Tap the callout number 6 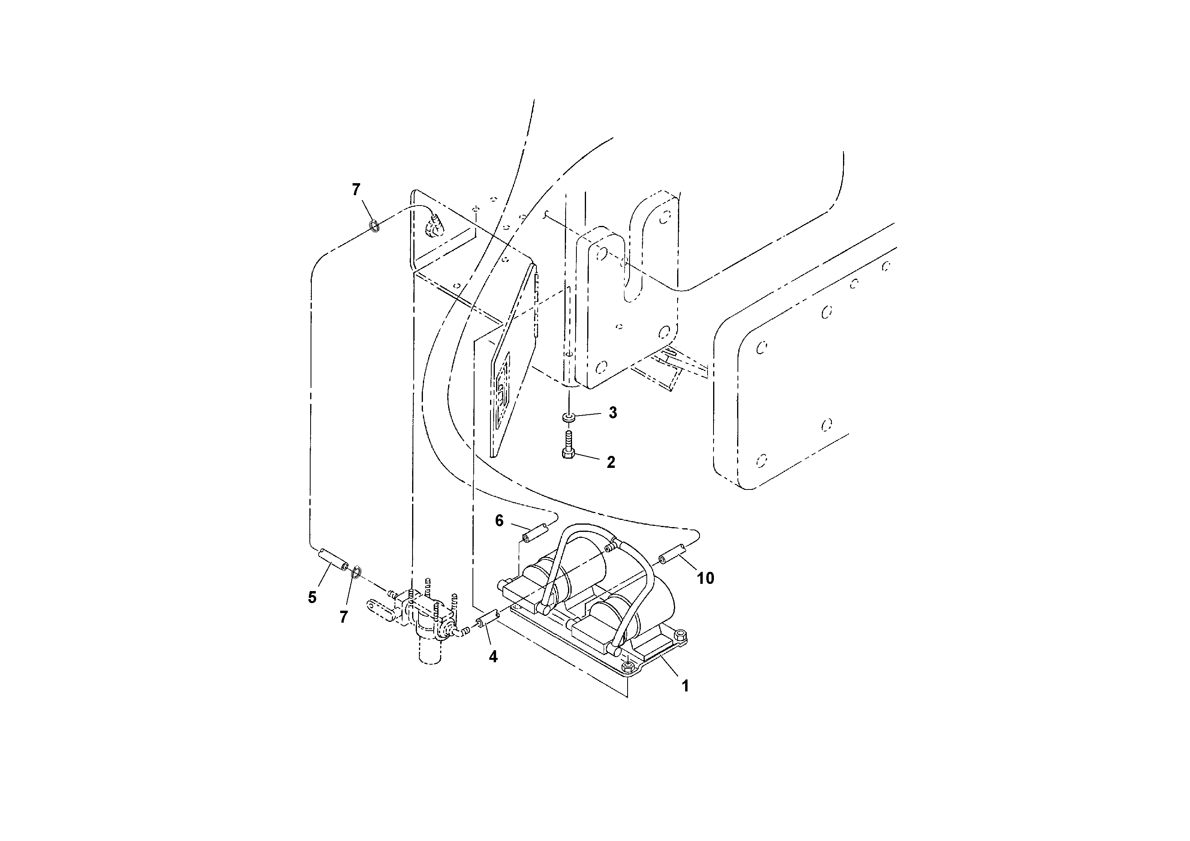499,521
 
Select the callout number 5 312,597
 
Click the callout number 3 613,413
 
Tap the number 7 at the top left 356,190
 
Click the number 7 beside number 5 344,617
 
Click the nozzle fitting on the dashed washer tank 433,228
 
